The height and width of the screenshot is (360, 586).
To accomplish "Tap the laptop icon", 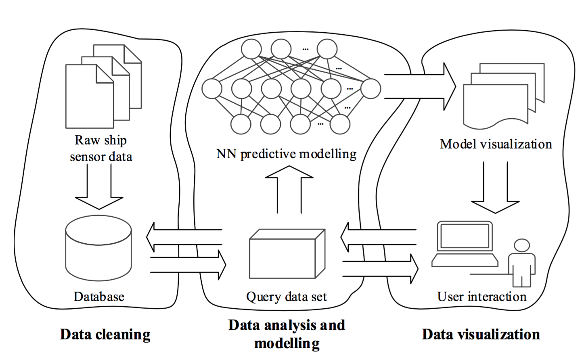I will [x=465, y=245].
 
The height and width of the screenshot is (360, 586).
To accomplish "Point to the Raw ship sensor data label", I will [x=101, y=149].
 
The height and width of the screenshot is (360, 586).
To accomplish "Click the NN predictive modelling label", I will [x=287, y=154].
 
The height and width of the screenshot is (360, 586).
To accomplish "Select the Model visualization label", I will [x=496, y=144].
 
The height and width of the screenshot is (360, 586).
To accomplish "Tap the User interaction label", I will [x=482, y=297].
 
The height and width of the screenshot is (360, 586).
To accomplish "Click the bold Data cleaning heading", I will [x=105, y=335].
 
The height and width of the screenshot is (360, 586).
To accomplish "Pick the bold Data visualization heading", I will [x=481, y=335].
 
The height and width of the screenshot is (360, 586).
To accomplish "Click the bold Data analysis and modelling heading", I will [x=287, y=334].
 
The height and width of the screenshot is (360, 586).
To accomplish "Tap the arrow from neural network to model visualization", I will [x=420, y=86].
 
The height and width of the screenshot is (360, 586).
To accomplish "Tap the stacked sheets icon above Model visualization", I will [x=503, y=95].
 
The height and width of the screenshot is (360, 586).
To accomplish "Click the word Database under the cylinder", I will [x=99, y=297].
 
